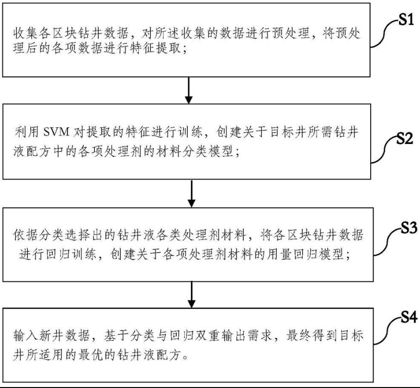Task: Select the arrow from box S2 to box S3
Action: (x=191, y=194)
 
